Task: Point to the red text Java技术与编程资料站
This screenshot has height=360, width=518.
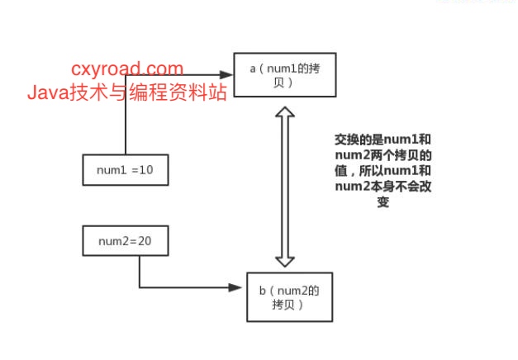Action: pos(126,92)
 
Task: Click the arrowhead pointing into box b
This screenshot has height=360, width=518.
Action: pos(241,287)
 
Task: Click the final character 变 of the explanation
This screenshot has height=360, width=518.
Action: pos(382,202)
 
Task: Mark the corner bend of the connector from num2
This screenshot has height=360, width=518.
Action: pos(139,287)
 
